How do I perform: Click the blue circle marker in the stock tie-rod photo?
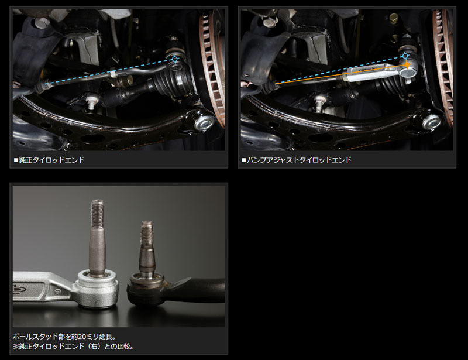175,59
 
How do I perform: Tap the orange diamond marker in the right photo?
407,64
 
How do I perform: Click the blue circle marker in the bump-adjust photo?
405,56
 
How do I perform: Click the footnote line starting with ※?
73,347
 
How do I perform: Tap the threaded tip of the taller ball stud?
97,212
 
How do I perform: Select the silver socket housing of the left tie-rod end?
97,289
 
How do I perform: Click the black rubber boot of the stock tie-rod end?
146,292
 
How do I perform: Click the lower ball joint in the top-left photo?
204,122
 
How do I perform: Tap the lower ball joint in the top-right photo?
431,122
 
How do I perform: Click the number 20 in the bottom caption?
82,337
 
